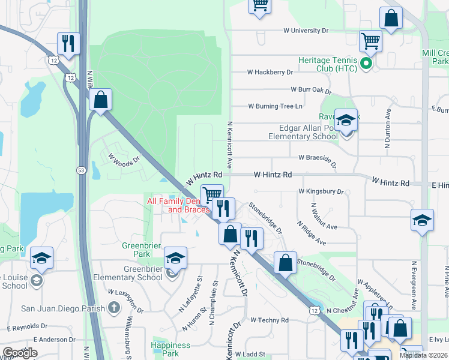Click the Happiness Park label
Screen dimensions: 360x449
click(170, 349)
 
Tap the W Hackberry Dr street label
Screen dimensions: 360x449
click(270, 72)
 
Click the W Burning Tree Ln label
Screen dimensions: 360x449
click(275, 106)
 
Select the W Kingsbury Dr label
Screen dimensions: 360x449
click(321, 192)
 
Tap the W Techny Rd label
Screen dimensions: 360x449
click(270, 320)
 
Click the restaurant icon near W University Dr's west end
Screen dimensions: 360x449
click(68, 43)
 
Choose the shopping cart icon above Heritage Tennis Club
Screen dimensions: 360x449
click(370, 41)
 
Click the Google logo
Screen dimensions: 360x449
click(20, 352)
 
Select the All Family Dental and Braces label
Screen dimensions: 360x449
click(179, 206)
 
